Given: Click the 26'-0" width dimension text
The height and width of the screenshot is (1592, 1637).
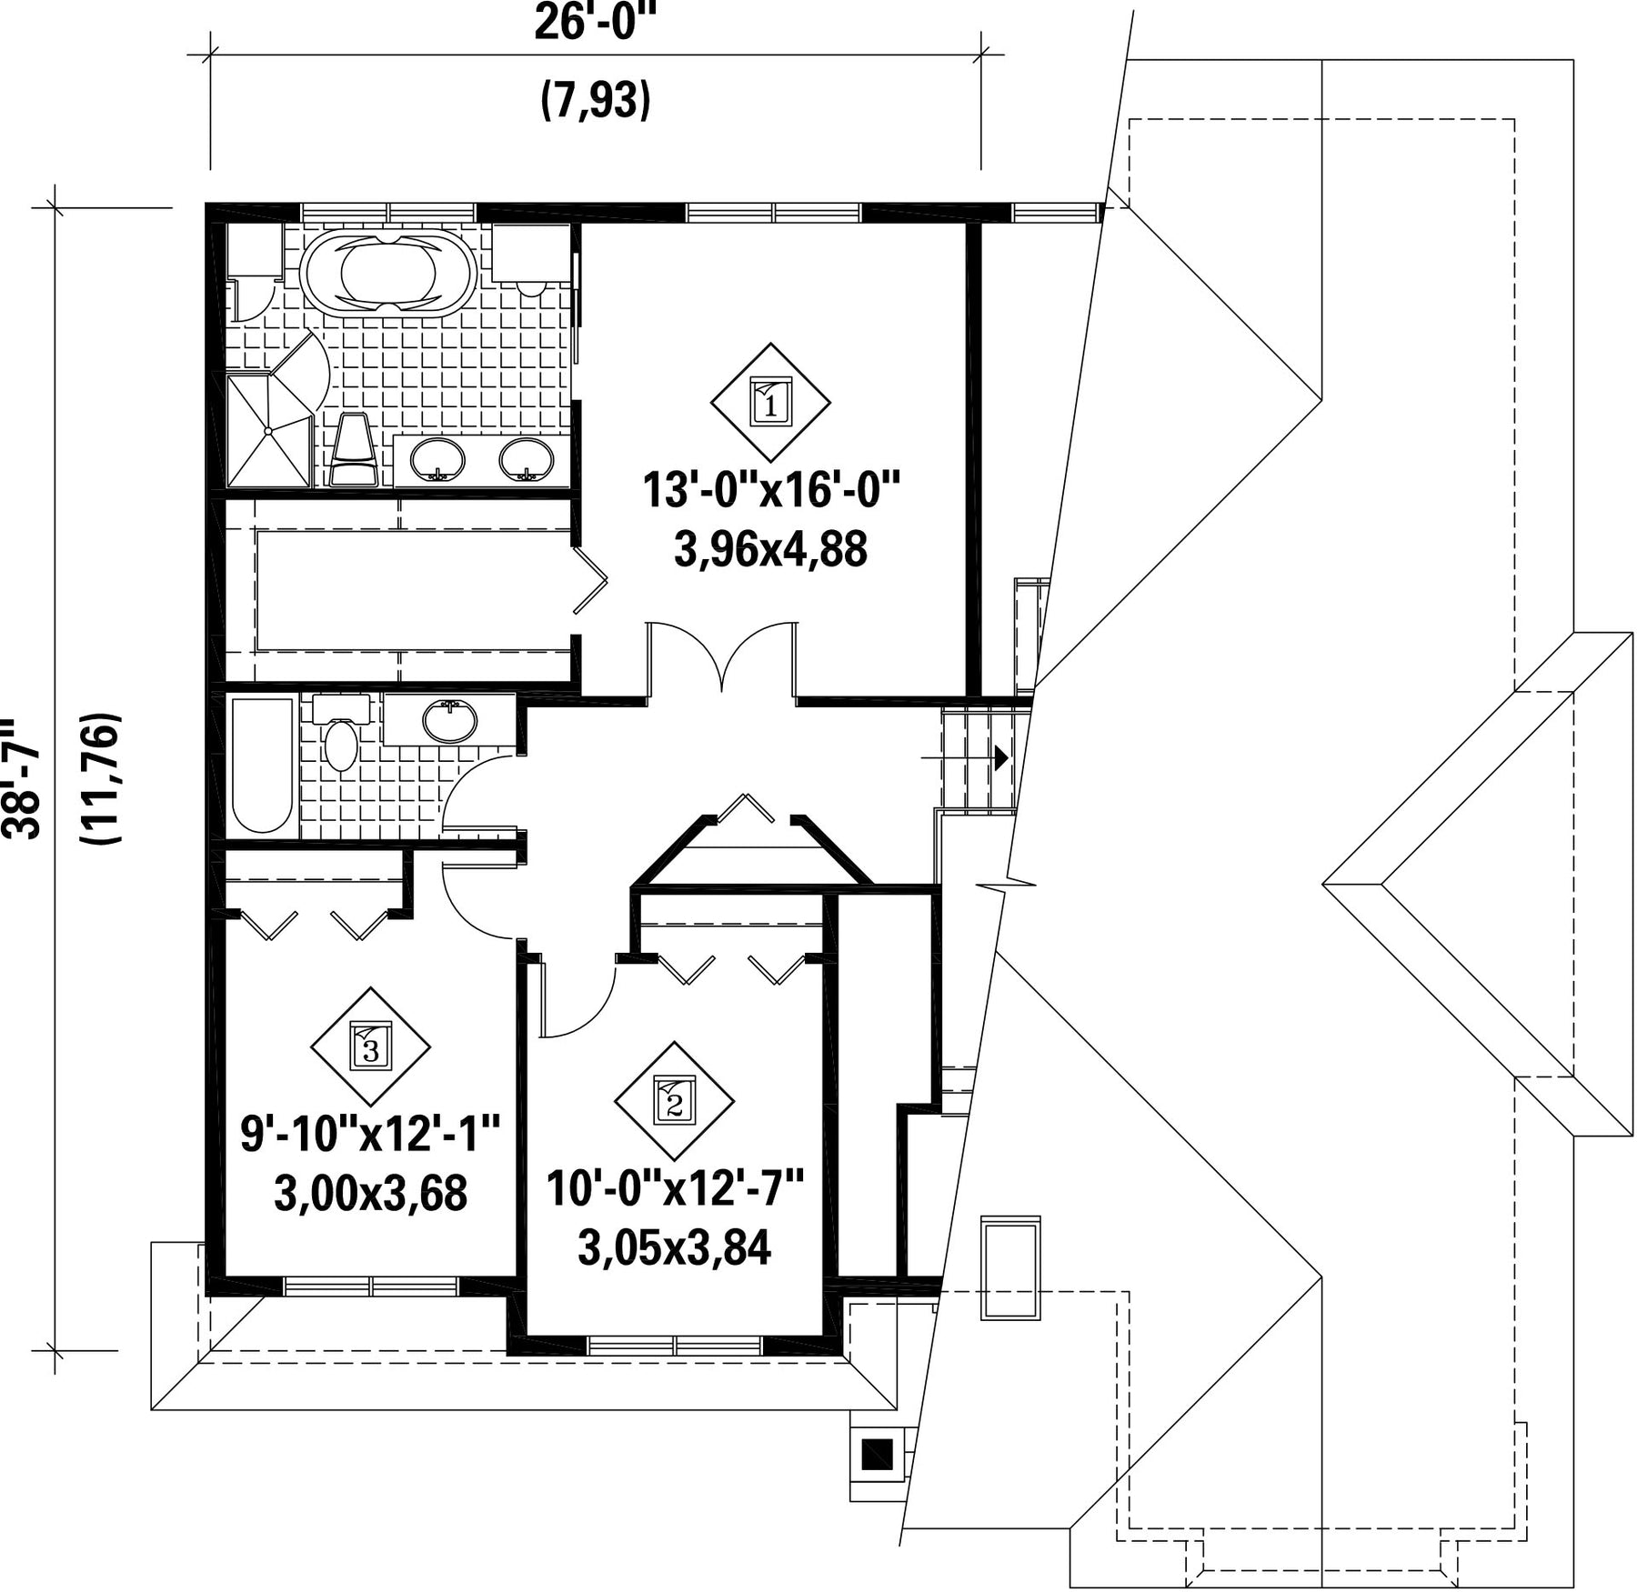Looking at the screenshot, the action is [595, 24].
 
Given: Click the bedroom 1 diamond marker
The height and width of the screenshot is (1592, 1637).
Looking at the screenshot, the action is [771, 401].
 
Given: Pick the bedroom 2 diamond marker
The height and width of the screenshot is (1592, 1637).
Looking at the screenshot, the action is [674, 1100].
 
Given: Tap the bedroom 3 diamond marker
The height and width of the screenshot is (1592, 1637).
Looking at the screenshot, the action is [370, 1046].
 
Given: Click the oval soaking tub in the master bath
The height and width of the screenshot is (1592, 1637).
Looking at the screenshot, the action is [387, 272].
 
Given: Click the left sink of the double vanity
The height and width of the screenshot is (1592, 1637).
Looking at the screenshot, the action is [437, 459].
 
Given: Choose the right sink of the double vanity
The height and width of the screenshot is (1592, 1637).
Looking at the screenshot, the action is [526, 459].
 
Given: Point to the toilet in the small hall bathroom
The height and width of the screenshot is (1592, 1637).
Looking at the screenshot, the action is [342, 733].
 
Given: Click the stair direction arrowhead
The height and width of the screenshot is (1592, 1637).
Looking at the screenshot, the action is [1001, 757].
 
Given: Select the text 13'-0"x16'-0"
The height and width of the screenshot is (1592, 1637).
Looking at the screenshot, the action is [771, 490].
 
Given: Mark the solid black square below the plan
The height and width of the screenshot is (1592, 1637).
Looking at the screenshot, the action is [878, 1456].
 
